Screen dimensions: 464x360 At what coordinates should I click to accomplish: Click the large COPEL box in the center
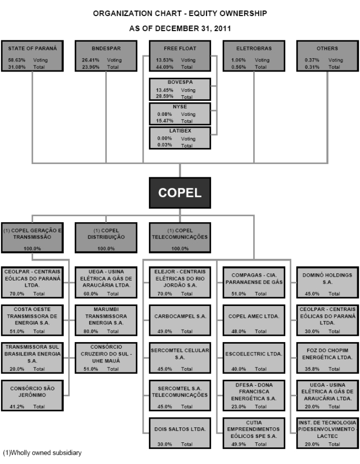(x=181, y=193)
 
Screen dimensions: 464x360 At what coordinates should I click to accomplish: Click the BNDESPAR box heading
(x=106, y=49)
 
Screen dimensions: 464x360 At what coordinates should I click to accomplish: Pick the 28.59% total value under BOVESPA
(x=164, y=96)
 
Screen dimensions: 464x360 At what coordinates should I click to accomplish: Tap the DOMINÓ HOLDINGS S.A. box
(x=327, y=282)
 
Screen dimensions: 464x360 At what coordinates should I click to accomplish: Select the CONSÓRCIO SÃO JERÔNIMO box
(x=33, y=395)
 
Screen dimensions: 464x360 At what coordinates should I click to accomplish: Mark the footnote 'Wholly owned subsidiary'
(x=42, y=453)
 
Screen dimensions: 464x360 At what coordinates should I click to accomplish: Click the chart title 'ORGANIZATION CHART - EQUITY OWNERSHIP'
(x=180, y=13)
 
